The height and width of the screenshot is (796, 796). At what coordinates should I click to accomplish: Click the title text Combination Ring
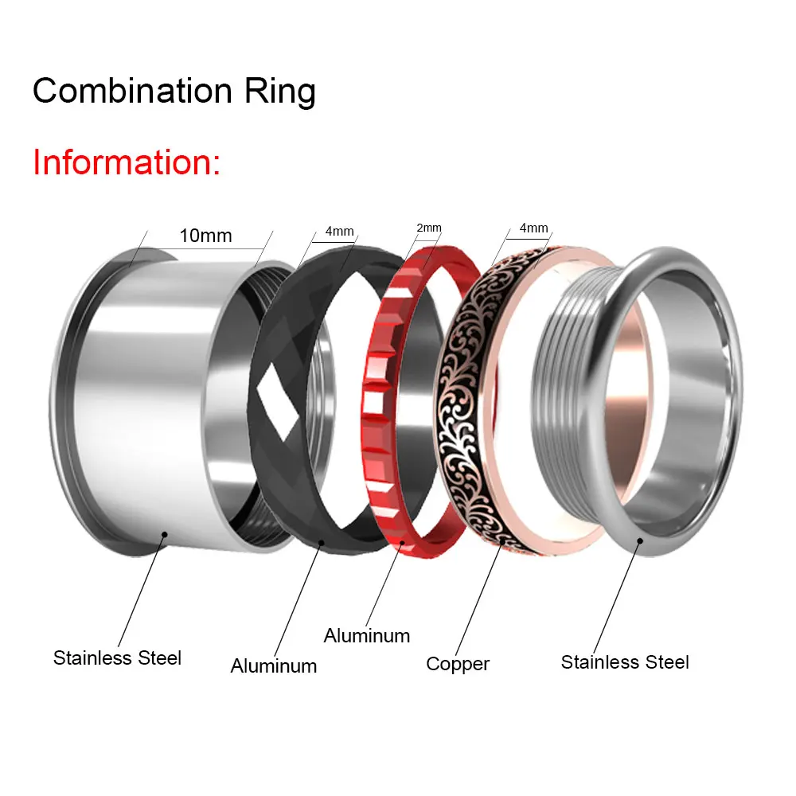click(x=174, y=92)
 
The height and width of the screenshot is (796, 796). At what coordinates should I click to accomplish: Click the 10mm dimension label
click(x=205, y=236)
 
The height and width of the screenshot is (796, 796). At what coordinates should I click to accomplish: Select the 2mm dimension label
click(x=429, y=228)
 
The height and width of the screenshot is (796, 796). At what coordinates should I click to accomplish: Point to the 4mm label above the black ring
click(x=339, y=232)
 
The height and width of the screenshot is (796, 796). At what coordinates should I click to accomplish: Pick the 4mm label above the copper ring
click(x=533, y=228)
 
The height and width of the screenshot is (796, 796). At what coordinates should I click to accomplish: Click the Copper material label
click(x=458, y=663)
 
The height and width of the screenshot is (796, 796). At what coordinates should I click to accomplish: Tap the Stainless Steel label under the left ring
click(x=117, y=658)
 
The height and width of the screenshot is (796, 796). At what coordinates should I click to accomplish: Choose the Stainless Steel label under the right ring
click(x=625, y=661)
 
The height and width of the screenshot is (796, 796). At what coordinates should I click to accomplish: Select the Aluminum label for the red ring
click(x=367, y=636)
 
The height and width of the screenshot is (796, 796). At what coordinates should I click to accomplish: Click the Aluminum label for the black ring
click(x=274, y=665)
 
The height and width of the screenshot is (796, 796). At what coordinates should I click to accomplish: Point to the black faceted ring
click(x=275, y=446)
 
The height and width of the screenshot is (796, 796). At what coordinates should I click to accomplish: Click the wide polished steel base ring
click(x=151, y=398)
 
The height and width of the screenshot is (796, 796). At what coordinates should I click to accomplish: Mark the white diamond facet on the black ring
click(x=279, y=396)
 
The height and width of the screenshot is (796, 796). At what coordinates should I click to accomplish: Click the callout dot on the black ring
click(x=322, y=543)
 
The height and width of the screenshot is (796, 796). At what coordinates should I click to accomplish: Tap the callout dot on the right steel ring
click(x=639, y=541)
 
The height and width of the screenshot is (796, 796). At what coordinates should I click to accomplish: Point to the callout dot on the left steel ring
click(x=164, y=535)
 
